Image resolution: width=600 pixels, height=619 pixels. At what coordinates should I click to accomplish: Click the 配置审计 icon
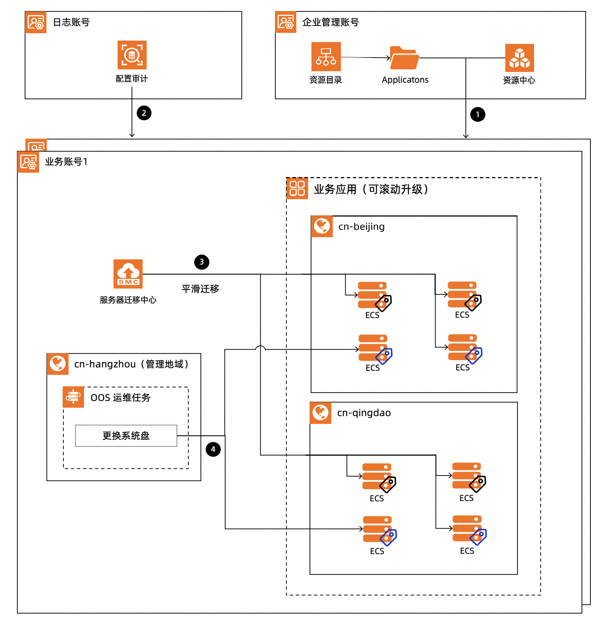[132, 55]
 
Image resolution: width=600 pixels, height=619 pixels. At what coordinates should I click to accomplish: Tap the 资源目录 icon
[326, 56]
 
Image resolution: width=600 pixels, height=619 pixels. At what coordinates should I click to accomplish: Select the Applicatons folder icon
[404, 58]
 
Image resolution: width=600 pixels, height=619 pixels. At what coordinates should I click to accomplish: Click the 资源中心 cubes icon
[519, 58]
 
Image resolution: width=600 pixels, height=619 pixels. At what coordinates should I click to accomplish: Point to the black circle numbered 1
[478, 114]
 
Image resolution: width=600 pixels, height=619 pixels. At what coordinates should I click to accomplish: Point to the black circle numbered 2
[144, 113]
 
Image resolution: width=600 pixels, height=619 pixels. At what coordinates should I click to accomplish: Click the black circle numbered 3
[202, 262]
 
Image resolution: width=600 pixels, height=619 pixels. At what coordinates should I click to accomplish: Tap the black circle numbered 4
[213, 449]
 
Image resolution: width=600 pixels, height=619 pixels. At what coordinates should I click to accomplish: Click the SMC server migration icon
[128, 274]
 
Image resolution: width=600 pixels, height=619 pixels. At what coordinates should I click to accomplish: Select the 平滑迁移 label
[200, 289]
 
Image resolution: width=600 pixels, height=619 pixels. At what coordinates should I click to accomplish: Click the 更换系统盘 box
[126, 436]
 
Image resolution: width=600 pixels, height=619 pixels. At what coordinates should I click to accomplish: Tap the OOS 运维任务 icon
[73, 397]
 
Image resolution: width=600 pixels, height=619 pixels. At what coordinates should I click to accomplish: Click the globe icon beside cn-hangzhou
[58, 364]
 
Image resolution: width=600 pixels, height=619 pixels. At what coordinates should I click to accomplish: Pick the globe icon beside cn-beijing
[322, 226]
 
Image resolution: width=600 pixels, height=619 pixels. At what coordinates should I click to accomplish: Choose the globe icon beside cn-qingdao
[320, 412]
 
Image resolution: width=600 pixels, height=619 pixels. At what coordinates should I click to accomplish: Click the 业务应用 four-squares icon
[297, 188]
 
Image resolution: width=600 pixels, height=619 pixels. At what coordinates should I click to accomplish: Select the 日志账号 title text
[71, 22]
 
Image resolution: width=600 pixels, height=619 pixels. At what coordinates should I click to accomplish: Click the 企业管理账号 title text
[330, 22]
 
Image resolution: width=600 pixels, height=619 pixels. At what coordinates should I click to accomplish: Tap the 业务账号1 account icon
[28, 162]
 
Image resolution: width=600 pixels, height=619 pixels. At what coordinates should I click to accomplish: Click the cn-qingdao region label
[364, 413]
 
